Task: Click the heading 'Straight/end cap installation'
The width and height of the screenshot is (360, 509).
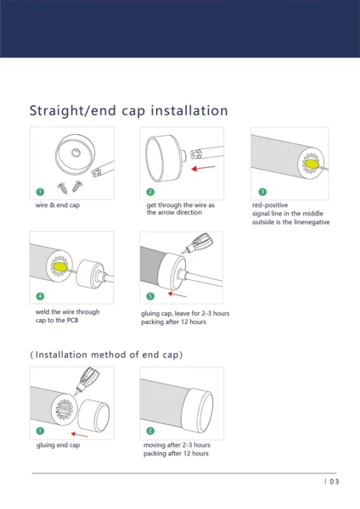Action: point(129,110)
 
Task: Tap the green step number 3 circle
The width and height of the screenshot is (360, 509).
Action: point(262,192)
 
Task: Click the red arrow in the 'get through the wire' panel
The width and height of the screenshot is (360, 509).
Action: point(204,168)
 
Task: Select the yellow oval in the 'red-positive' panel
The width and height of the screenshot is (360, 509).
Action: point(312,164)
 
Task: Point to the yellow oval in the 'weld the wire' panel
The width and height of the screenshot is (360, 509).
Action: point(60,267)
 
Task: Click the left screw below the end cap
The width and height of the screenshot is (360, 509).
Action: point(63,187)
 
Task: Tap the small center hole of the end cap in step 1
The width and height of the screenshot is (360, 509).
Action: point(76,152)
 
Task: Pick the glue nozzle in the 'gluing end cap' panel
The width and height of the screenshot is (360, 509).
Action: point(87,380)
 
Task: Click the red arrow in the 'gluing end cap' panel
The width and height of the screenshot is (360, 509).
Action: point(80,434)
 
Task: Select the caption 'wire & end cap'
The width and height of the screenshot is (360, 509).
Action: point(58,205)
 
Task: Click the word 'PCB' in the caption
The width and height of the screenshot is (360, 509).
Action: point(72,321)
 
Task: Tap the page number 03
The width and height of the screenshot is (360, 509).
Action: point(335,482)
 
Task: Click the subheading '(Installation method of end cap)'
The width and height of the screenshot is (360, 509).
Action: point(106,355)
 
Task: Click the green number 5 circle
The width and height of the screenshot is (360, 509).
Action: point(150,296)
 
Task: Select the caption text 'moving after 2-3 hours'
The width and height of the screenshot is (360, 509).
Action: point(177,445)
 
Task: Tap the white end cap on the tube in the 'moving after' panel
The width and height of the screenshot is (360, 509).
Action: point(198,406)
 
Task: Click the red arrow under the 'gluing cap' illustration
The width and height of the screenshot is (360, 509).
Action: point(177,294)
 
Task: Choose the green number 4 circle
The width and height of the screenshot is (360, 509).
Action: point(40,296)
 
